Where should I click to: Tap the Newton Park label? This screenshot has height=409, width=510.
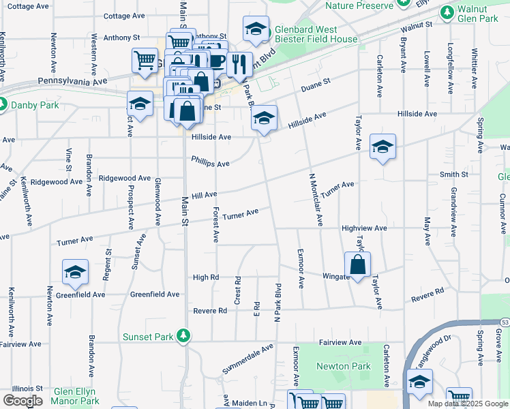344,366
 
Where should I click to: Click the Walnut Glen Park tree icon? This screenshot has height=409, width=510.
448,12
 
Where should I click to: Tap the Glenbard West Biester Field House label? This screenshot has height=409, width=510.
316,35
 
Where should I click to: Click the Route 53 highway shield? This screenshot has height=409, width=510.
505,321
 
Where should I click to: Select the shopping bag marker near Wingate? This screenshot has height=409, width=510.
357,265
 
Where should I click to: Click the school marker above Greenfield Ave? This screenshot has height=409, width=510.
75,273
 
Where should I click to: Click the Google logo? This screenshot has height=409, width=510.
22,401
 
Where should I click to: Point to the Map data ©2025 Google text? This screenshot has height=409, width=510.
467,404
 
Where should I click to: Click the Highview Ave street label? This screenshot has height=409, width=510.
364,228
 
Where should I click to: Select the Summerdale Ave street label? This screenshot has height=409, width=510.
247,359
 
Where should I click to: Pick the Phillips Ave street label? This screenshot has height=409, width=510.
210,164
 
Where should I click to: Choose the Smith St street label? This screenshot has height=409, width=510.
454,175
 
